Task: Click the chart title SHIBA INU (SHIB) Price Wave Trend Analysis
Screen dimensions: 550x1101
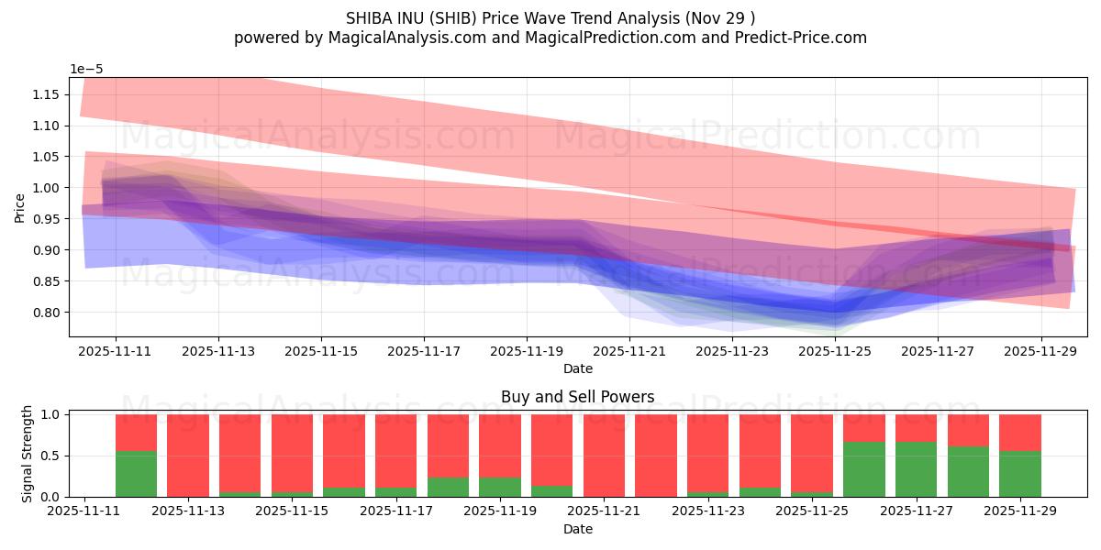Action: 550,17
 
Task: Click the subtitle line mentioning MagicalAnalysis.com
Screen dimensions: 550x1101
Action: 550,38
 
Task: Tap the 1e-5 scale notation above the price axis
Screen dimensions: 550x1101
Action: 88,69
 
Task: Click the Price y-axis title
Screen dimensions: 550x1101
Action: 19,207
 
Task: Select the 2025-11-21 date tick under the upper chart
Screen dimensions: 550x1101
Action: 629,350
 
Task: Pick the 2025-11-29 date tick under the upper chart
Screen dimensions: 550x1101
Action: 1040,350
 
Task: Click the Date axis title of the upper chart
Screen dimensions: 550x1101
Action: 578,368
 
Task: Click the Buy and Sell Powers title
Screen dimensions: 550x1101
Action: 578,397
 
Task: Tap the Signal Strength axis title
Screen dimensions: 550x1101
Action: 28,455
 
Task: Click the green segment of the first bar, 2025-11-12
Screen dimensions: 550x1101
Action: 136,474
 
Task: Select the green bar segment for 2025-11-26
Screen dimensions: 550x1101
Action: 863,469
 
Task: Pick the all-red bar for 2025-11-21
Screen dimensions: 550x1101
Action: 604,456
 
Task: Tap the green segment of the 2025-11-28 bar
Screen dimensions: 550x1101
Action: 968,471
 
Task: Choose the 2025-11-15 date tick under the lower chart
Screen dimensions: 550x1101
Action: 292,511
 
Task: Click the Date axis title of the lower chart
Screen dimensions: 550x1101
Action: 578,529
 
